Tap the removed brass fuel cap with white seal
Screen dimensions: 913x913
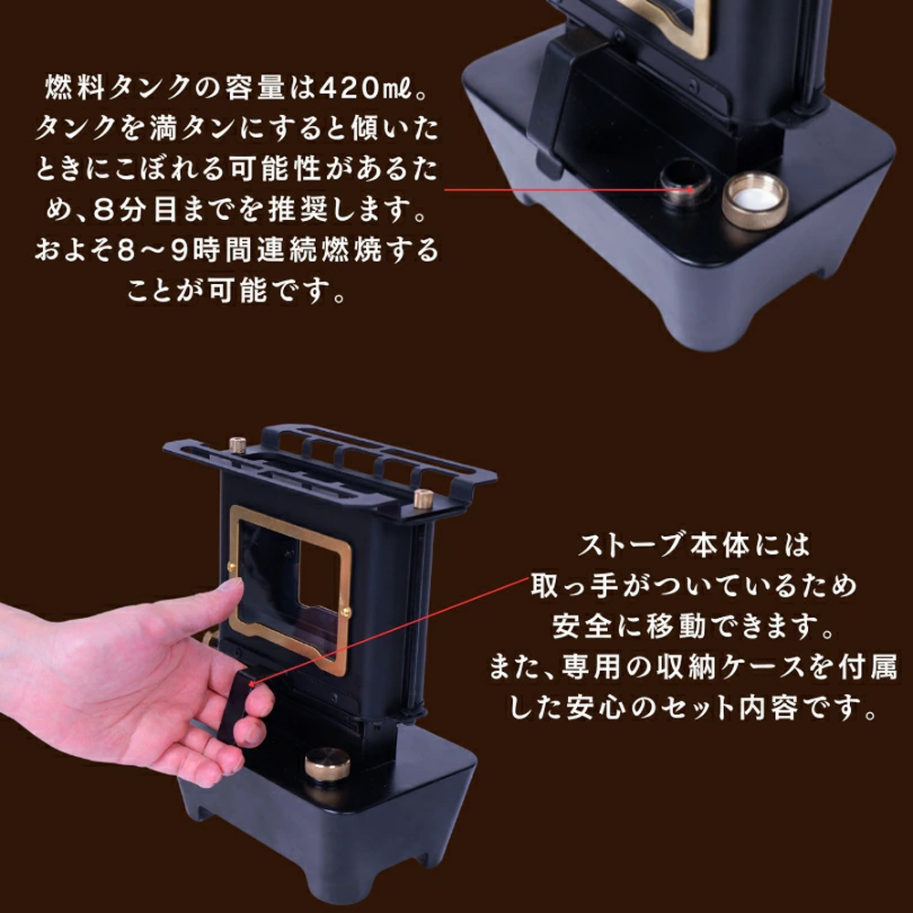pyautogui.click(x=755, y=200)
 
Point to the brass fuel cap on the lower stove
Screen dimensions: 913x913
pyautogui.click(x=327, y=764)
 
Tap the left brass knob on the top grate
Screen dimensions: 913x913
pyautogui.click(x=237, y=445)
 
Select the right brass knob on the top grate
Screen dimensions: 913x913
pyautogui.click(x=424, y=498)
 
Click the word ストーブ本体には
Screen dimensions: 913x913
pyautogui.click(x=694, y=546)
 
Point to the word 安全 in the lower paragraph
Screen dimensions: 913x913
pyautogui.click(x=582, y=626)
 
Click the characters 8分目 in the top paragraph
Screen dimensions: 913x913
pyautogui.click(x=135, y=210)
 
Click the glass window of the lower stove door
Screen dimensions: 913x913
pyautogui.click(x=289, y=588)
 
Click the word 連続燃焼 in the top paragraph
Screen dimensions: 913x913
pyautogui.click(x=319, y=250)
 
